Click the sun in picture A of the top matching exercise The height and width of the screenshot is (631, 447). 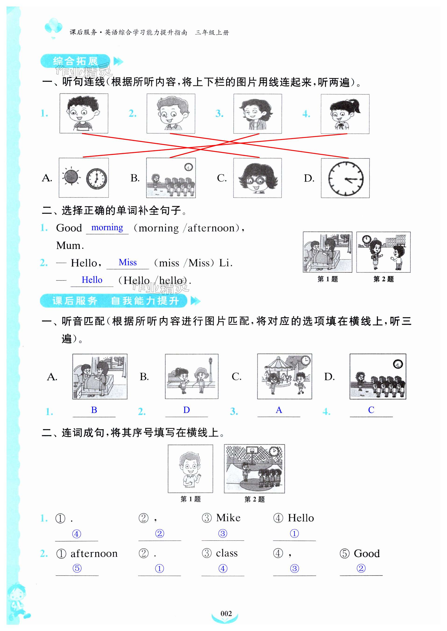pyautogui.click(x=71, y=177)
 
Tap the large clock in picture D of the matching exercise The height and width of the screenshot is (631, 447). pyautogui.click(x=346, y=179)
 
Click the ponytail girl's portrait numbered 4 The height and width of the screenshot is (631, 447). pyautogui.click(x=345, y=114)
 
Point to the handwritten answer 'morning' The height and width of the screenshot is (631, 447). pyautogui.click(x=107, y=228)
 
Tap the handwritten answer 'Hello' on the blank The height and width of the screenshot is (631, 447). pyautogui.click(x=92, y=280)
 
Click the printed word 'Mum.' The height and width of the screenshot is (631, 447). pyautogui.click(x=70, y=245)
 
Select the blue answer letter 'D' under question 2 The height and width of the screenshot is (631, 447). pyautogui.click(x=186, y=410)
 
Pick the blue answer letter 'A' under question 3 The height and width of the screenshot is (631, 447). pyautogui.click(x=279, y=410)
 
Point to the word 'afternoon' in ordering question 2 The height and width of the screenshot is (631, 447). pyautogui.click(x=94, y=554)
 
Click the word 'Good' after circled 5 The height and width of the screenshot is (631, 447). pyautogui.click(x=367, y=553)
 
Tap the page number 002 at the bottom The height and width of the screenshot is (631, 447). pyautogui.click(x=226, y=613)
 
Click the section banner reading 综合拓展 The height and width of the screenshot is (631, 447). pyautogui.click(x=75, y=61)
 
